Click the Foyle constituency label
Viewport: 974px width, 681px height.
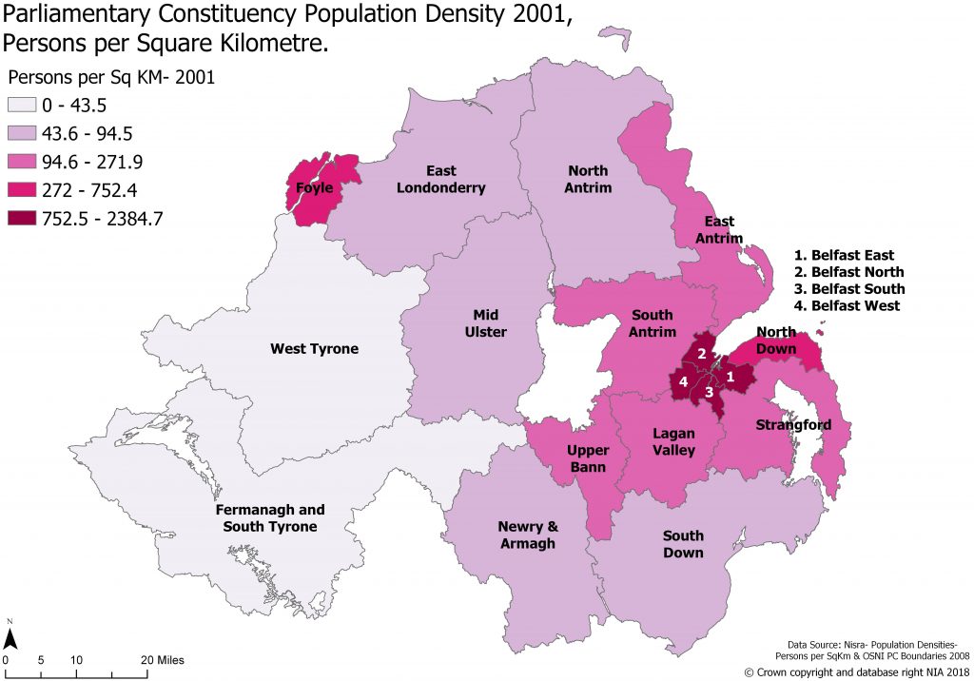click(314, 188)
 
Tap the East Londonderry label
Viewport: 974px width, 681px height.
click(441, 180)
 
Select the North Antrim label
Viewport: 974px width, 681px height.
click(589, 180)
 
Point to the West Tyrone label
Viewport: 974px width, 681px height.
click(314, 349)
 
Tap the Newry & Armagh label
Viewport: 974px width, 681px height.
click(526, 535)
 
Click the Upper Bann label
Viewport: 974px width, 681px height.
click(588, 457)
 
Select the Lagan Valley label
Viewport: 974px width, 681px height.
click(673, 441)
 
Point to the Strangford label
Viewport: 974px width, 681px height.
click(793, 424)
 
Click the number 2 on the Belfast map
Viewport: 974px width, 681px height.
click(701, 354)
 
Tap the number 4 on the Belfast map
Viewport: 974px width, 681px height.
click(683, 382)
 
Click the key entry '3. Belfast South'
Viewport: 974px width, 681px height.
click(849, 289)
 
